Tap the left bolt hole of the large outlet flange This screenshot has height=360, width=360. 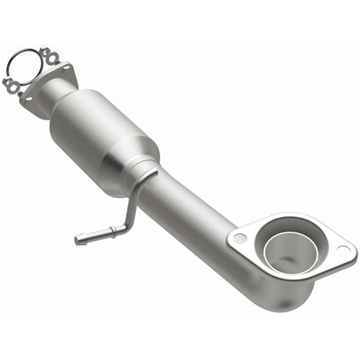pyautogui.click(x=240, y=237)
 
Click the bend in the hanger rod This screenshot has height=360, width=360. pyautogui.click(x=124, y=227)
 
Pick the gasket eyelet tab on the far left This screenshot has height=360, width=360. pyautogui.click(x=9, y=81)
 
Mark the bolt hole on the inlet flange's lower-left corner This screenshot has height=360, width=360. pyautogui.click(x=30, y=100)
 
